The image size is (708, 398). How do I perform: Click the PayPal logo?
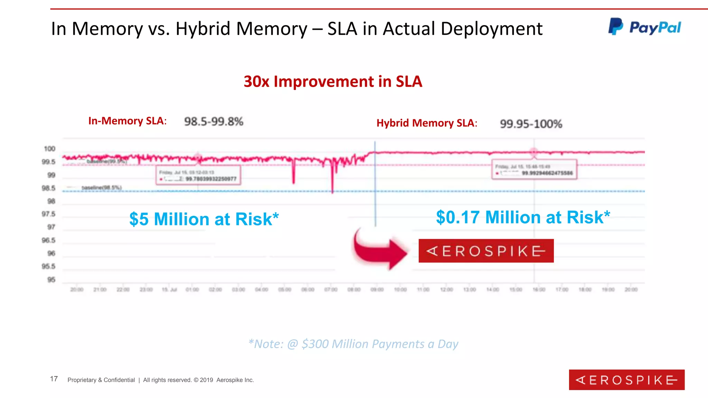click(x=645, y=27)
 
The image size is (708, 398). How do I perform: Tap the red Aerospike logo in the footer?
click(x=626, y=380)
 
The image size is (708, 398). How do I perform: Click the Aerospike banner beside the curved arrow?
click(x=486, y=251)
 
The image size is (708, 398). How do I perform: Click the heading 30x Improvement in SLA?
click(x=333, y=82)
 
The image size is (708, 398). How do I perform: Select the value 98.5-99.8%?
click(x=214, y=122)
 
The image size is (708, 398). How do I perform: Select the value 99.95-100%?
click(x=531, y=124)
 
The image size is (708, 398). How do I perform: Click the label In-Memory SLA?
click(x=127, y=121)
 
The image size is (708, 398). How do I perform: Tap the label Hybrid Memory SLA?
click(x=427, y=123)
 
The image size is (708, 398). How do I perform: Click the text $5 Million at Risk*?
click(x=204, y=219)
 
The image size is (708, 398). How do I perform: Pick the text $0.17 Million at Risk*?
click(x=523, y=217)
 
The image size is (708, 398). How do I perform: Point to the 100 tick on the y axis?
click(x=49, y=149)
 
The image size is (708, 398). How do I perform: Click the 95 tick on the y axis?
click(x=51, y=279)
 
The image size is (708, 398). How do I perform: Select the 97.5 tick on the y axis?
click(x=48, y=214)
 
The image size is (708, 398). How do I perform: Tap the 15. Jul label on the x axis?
click(x=169, y=290)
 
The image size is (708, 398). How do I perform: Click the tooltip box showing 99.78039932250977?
click(x=198, y=175)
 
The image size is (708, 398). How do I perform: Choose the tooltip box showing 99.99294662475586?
click(x=534, y=169)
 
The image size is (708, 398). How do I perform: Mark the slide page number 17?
click(x=54, y=379)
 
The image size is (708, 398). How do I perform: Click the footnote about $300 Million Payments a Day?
click(x=353, y=344)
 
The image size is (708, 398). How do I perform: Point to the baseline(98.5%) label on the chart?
click(x=101, y=188)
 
